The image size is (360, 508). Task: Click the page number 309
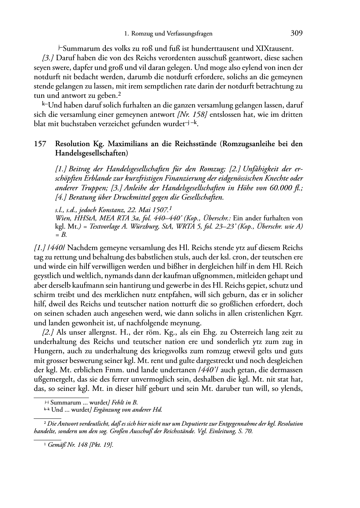pos(297,33)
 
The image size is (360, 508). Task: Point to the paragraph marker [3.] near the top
pos(48,58)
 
